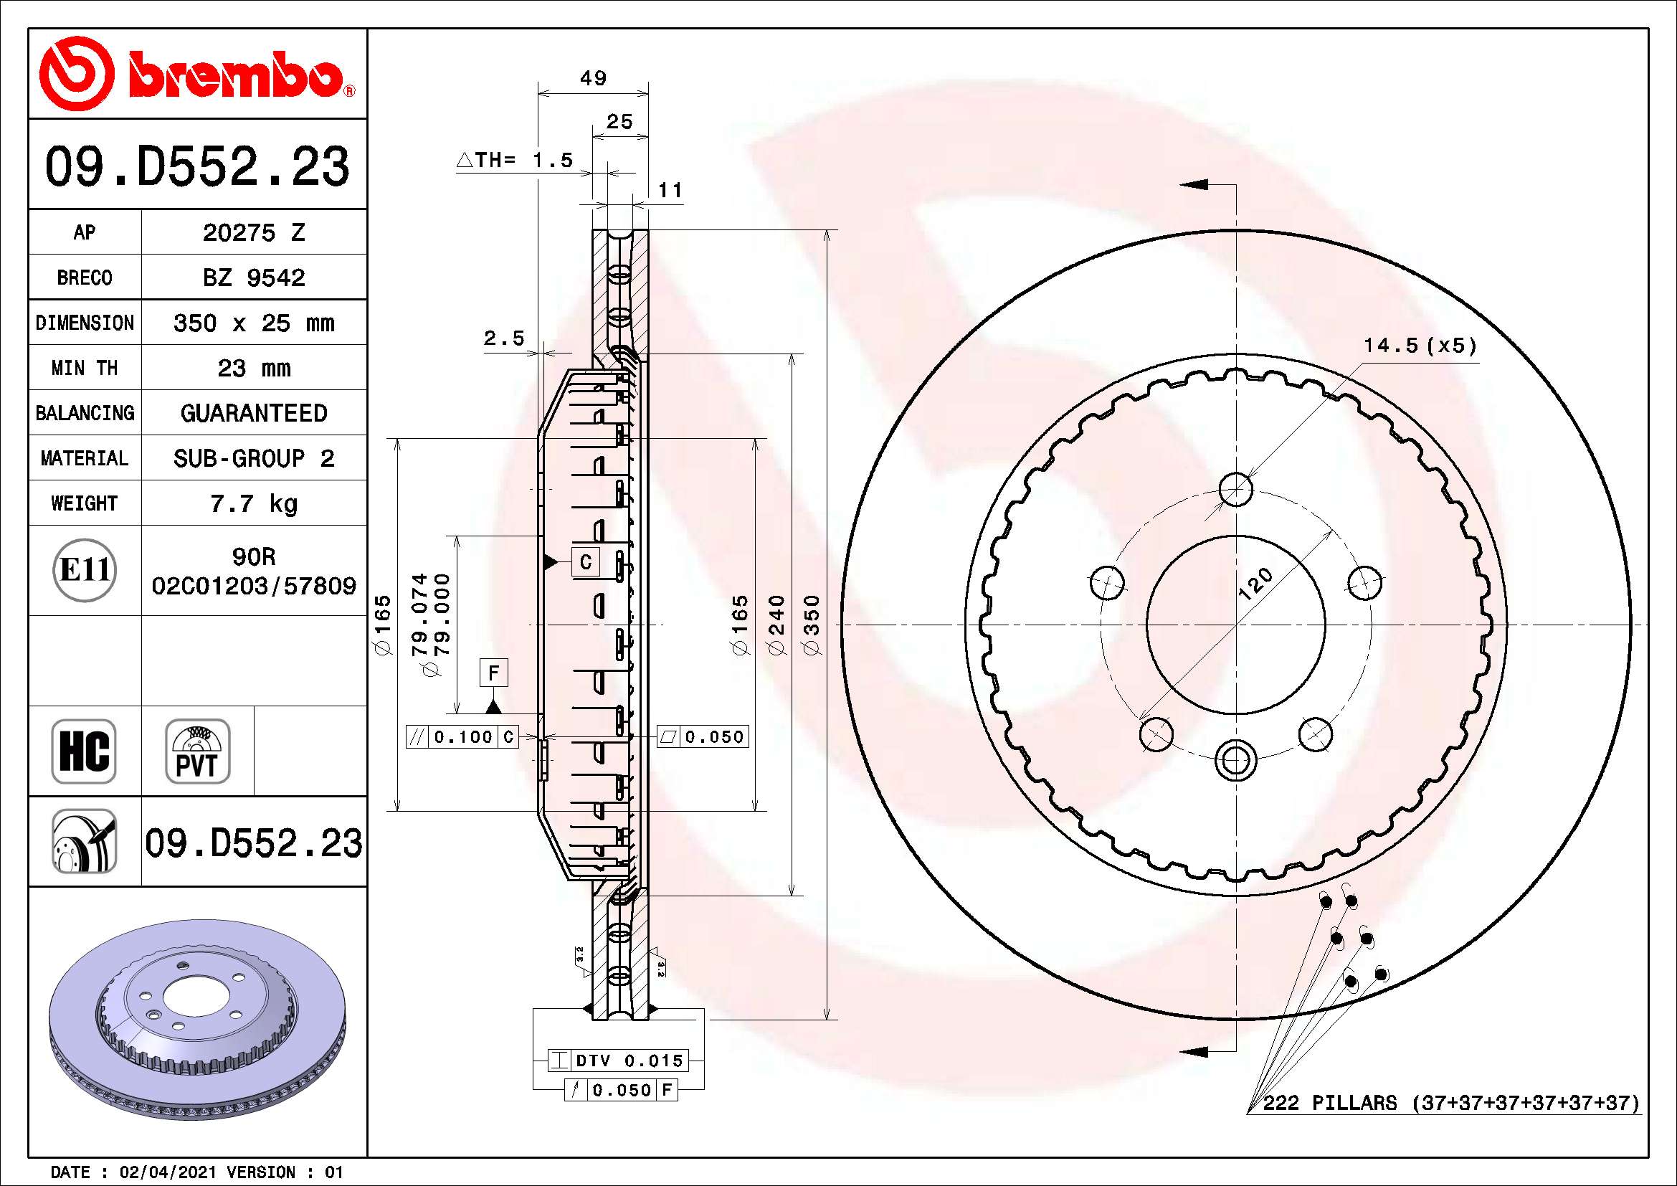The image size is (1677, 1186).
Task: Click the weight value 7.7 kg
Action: click(x=253, y=503)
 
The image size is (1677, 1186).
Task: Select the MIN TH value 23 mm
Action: click(x=253, y=368)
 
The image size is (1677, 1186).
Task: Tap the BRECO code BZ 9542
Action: click(x=253, y=277)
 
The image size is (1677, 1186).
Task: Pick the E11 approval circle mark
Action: click(x=85, y=570)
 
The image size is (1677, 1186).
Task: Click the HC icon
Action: click(x=84, y=751)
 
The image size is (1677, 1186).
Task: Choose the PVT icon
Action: click(x=197, y=751)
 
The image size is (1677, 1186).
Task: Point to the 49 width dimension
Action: click(x=593, y=78)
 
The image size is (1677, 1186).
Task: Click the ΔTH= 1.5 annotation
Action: click(x=516, y=160)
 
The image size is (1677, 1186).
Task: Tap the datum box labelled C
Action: click(x=586, y=562)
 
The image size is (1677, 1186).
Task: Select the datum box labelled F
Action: click(x=494, y=673)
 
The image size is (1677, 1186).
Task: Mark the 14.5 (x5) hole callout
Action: click(x=1420, y=346)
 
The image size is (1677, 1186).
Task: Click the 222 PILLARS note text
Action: click(x=1450, y=1103)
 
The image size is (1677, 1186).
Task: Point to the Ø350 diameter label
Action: click(x=812, y=625)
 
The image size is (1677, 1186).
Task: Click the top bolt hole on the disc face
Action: click(x=1236, y=488)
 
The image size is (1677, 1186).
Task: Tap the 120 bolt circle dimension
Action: click(x=1256, y=584)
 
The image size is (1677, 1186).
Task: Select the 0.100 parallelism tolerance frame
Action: click(x=462, y=737)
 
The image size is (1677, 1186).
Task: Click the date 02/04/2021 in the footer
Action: click(x=168, y=1172)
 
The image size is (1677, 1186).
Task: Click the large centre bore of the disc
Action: click(x=1236, y=625)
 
